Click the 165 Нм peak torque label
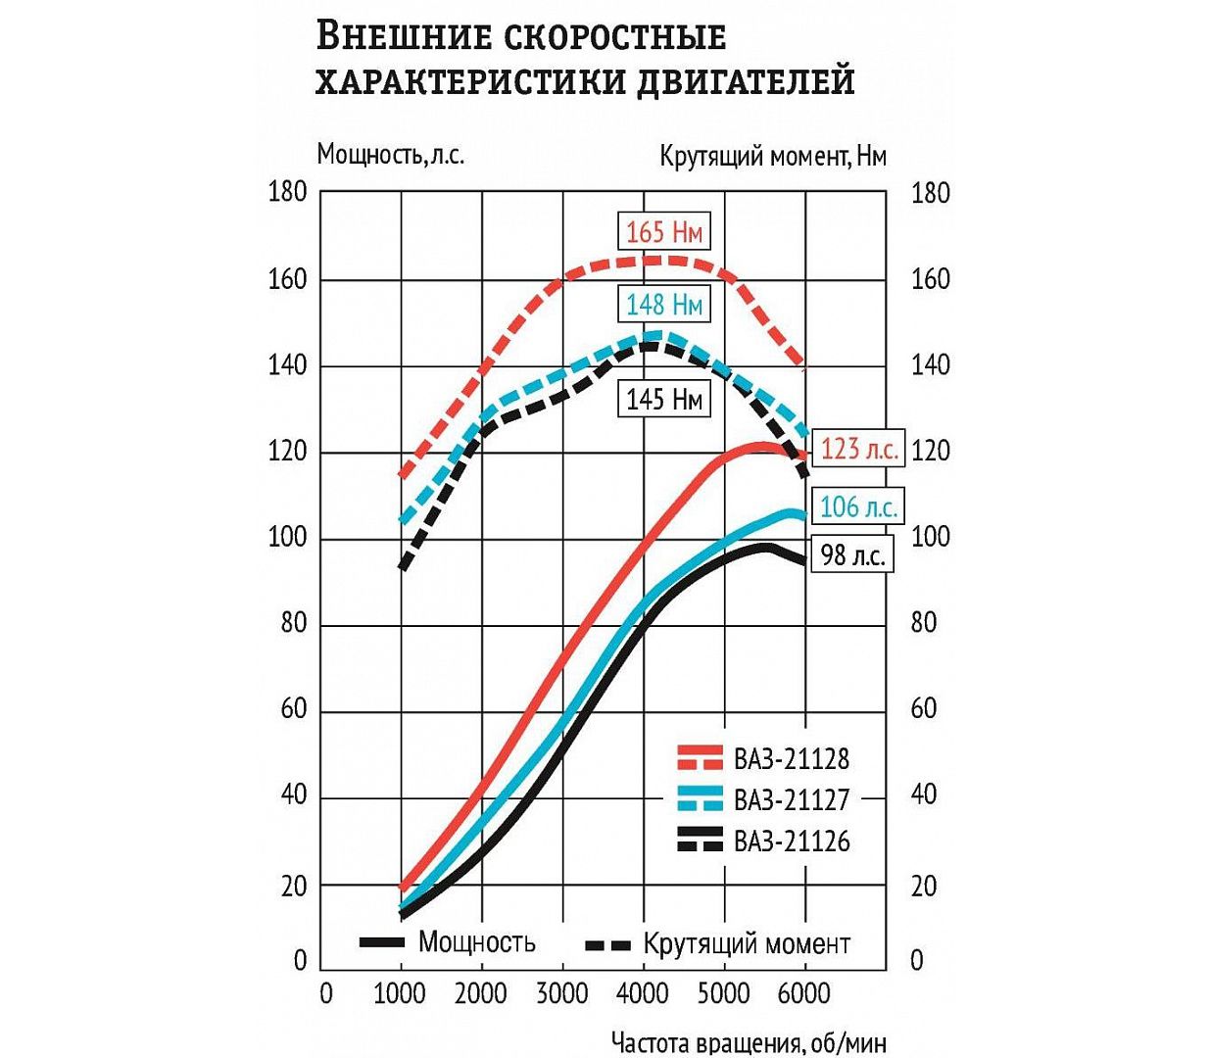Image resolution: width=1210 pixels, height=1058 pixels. tap(664, 232)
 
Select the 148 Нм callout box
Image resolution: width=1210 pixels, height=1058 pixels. tap(664, 305)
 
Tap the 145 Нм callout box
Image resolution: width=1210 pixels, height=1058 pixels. tap(664, 399)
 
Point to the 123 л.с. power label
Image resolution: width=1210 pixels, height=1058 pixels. tap(858, 450)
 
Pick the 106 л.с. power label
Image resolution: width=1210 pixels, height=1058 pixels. tap(858, 507)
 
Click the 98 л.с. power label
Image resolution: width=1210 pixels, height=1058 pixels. tap(852, 555)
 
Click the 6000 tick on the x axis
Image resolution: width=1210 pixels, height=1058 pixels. tap(803, 994)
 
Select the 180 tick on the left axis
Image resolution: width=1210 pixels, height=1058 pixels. tap(287, 193)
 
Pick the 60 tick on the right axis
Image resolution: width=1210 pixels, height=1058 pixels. tap(924, 708)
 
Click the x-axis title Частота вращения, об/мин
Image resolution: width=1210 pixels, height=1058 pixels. tap(749, 1041)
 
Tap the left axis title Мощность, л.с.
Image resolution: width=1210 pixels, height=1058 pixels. tap(390, 155)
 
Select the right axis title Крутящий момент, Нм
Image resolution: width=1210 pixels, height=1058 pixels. tap(772, 157)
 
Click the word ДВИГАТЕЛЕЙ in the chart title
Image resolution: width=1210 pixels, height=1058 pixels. tap(746, 81)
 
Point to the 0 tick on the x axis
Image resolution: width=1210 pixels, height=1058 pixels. tap(326, 994)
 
